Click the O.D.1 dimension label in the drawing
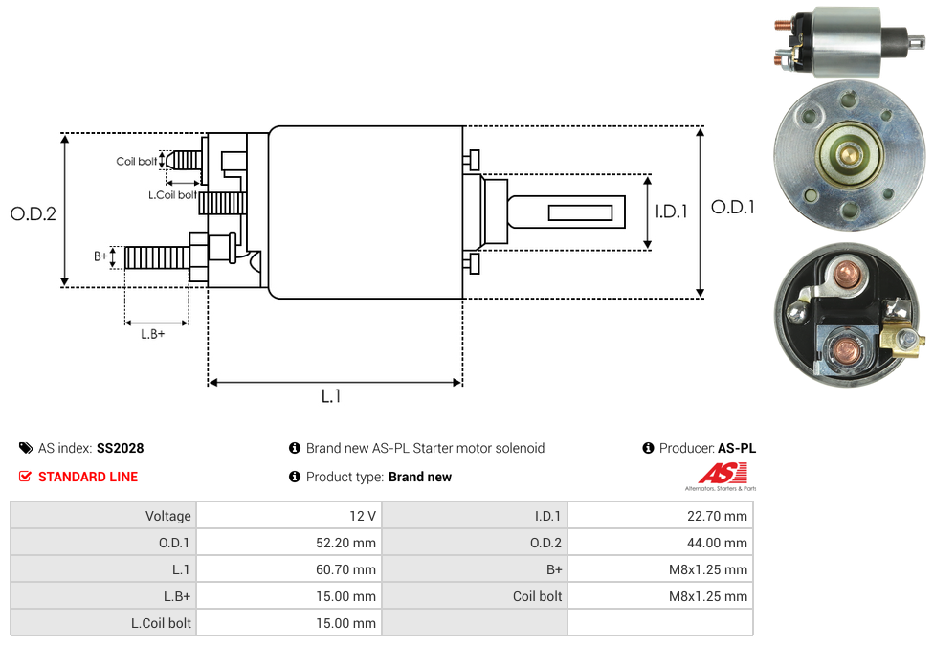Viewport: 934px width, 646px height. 733,207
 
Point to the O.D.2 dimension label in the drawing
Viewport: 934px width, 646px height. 33,213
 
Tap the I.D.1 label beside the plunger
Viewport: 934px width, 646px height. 671,212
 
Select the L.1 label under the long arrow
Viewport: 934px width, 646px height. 330,396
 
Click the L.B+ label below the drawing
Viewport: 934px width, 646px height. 153,334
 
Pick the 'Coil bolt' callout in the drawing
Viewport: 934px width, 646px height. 137,162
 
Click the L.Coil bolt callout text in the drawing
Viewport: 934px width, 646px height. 172,195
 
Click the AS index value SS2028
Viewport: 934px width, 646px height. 120,448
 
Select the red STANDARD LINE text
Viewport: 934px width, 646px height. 88,477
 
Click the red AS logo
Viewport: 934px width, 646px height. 722,473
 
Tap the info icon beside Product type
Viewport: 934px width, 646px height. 295,477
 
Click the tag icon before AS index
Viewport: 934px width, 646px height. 26,448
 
